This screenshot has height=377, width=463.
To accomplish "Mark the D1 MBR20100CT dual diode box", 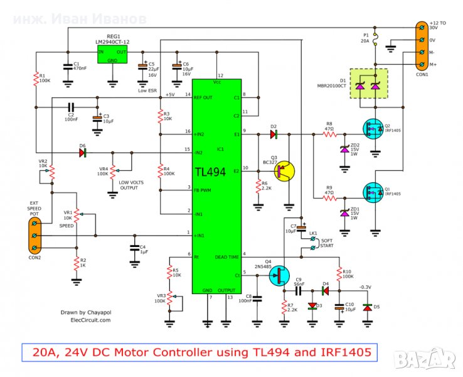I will pyautogui.click(x=368, y=84).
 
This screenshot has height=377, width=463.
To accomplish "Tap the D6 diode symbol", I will pyautogui.click(x=83, y=152).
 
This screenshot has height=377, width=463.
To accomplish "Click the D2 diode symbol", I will pyautogui.click(x=274, y=134).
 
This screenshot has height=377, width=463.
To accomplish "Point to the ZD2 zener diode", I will pyautogui.click(x=344, y=150).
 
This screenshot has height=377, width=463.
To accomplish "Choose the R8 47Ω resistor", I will pyautogui.click(x=329, y=134).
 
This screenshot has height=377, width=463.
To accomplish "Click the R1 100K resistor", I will pyautogui.click(x=36, y=79).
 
